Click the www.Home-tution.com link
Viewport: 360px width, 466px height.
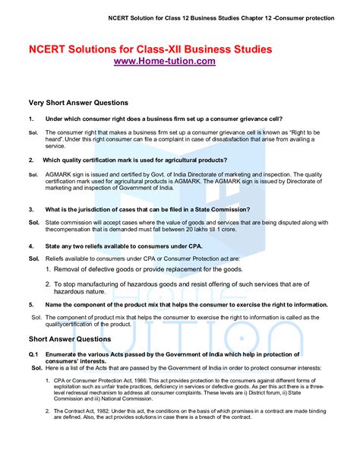pos(164,61)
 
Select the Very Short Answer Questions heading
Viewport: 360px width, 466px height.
pos(78,102)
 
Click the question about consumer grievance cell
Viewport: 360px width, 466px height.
pos(164,119)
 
